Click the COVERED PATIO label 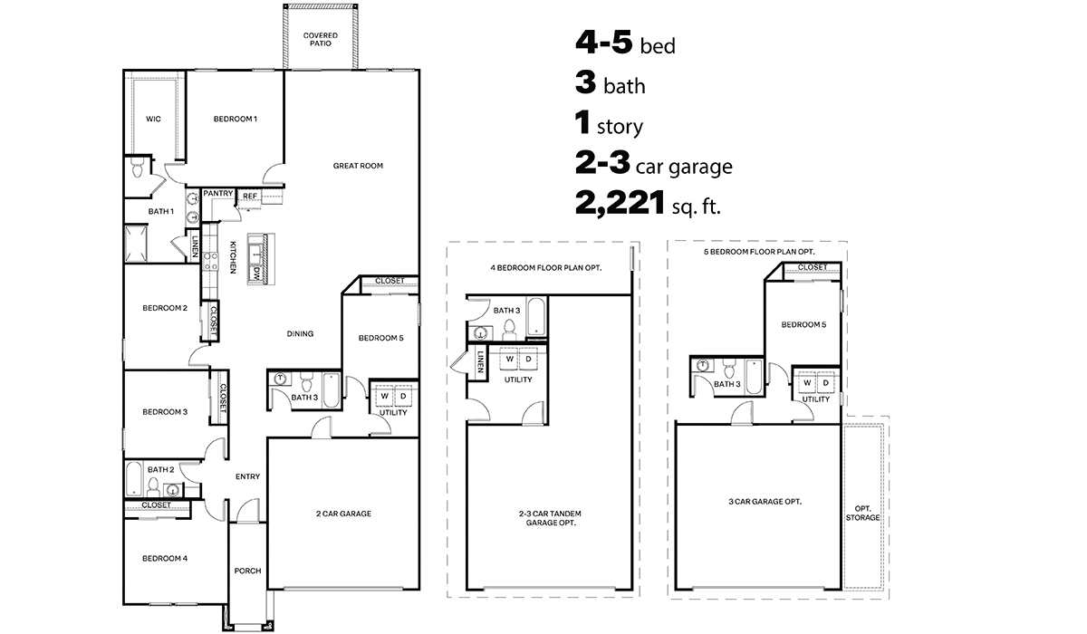click(320, 39)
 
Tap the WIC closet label click(153, 119)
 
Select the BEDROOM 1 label click(236, 119)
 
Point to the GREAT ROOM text click(358, 166)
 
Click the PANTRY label click(218, 193)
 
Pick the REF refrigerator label click(250, 195)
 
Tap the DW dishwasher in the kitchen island click(257, 272)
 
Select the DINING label click(300, 333)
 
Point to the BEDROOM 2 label click(165, 308)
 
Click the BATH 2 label click(160, 469)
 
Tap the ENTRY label click(247, 476)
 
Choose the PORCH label click(247, 571)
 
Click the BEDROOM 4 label click(165, 558)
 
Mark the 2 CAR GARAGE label click(343, 514)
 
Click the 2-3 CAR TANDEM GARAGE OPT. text click(547, 518)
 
